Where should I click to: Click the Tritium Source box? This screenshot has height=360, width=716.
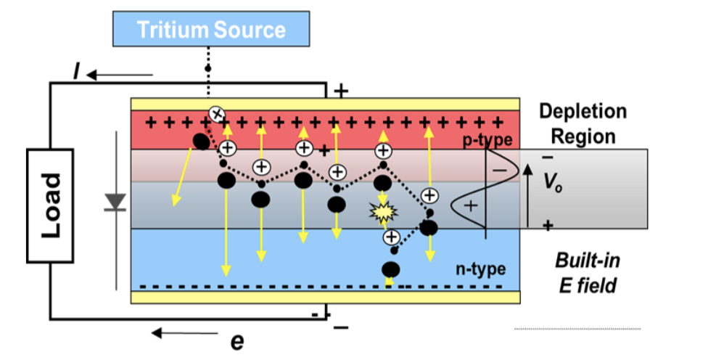211,30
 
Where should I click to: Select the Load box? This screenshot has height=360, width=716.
50,205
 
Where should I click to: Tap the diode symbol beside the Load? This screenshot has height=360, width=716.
115,202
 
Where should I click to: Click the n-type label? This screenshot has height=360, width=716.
480,269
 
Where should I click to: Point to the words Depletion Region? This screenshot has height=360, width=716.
583,123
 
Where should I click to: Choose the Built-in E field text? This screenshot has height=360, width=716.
587,273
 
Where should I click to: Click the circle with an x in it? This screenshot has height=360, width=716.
216,113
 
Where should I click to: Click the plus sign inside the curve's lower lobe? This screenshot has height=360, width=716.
470,206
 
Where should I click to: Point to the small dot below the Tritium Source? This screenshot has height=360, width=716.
208,68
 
